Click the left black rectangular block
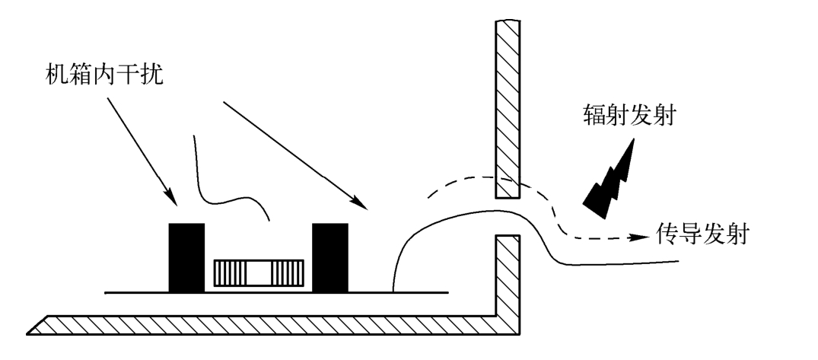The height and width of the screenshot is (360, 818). (186, 257)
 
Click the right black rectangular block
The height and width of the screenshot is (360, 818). (329, 257)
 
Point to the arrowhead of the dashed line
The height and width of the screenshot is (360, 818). (644, 237)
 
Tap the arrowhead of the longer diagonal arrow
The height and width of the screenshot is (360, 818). (360, 203)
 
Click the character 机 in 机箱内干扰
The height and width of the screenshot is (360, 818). (56, 77)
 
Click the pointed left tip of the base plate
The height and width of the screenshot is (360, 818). (29, 330)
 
